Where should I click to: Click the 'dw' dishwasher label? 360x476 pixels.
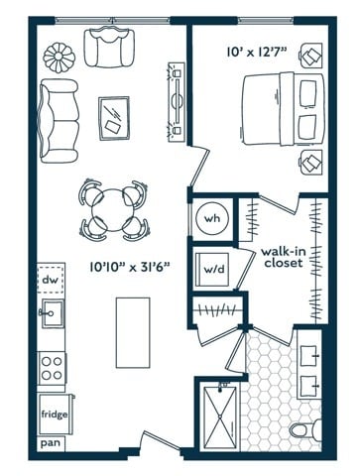point(50,280)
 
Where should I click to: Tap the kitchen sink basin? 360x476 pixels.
point(52,313)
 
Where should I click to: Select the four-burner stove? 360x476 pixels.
point(53,368)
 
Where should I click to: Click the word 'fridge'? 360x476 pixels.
point(55,415)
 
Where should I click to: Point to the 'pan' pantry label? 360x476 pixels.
point(51,443)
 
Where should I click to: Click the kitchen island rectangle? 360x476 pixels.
point(133,332)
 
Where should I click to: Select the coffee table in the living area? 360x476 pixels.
point(114,119)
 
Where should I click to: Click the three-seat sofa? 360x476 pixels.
point(59,121)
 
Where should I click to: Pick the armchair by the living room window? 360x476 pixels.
point(109,49)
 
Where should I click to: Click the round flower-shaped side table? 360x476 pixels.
point(58,57)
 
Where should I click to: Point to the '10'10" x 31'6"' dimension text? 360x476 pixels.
point(130,267)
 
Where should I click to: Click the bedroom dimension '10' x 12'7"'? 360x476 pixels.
point(256,52)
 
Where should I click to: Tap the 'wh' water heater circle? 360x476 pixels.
point(212,218)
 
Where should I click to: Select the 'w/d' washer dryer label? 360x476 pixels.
point(214,269)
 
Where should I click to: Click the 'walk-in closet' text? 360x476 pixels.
point(284,257)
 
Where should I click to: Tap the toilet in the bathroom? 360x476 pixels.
point(305,430)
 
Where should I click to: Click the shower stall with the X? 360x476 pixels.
point(220,416)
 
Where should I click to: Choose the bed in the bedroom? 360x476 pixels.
point(283,109)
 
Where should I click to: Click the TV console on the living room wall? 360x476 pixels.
point(177,102)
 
